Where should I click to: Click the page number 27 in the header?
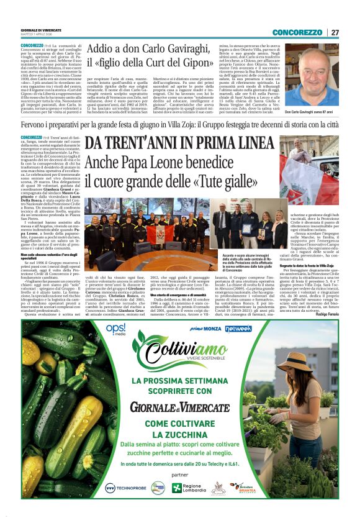tap(335, 32)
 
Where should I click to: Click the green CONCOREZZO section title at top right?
tap(297, 32)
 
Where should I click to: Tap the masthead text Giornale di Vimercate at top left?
tap(41, 29)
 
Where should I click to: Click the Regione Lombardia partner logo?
tap(186, 487)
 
